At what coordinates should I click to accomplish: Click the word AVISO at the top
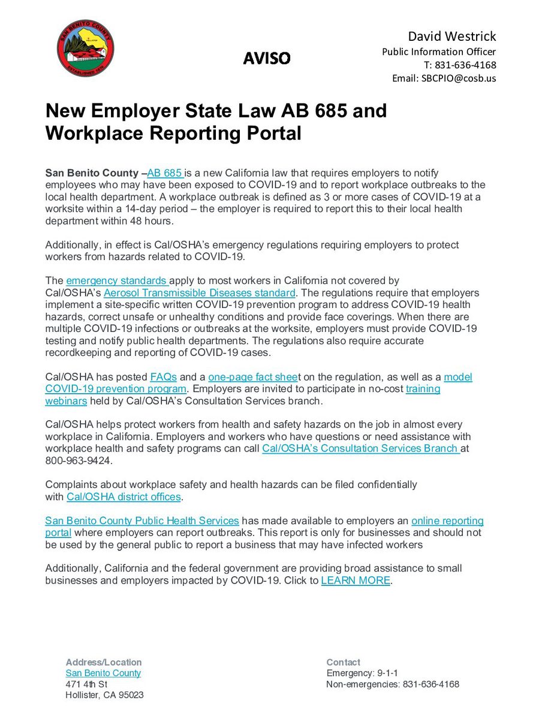point(267,58)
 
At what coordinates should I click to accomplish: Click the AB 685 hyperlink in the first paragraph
point(165,173)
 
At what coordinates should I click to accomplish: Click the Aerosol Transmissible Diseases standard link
point(200,293)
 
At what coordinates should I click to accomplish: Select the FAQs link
point(164,377)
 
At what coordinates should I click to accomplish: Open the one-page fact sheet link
point(253,377)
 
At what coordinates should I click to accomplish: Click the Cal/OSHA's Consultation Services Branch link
point(361,448)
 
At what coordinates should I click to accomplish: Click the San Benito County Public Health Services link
point(142,520)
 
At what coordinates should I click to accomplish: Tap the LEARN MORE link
point(356,581)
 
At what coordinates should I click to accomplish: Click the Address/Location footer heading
point(104,662)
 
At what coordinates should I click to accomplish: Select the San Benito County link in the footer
point(103,673)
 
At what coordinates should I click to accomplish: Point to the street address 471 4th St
point(86,684)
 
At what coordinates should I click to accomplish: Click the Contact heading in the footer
point(344,662)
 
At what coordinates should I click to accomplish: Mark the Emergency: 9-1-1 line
point(362,673)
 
